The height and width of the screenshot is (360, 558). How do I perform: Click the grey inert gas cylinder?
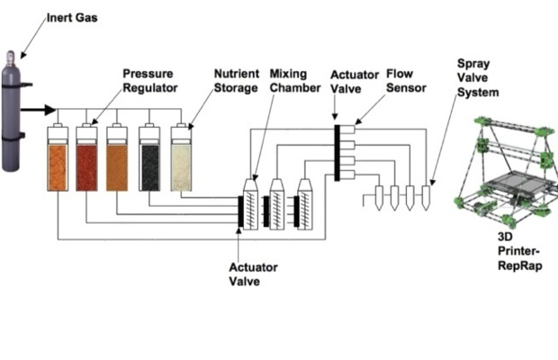coord(11,112)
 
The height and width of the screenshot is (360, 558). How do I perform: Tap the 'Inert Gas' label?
coord(72,18)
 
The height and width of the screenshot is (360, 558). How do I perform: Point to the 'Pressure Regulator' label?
coord(150,81)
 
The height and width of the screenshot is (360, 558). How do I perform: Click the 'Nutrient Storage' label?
coord(237,81)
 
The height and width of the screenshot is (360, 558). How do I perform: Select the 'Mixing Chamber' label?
coord(295,81)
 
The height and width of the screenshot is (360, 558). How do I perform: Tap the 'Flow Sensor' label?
coord(406,81)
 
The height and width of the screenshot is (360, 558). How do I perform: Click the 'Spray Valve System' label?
coord(478,78)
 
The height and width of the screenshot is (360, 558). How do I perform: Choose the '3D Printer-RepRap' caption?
coord(520,251)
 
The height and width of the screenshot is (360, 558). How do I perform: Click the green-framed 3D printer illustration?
coord(506,172)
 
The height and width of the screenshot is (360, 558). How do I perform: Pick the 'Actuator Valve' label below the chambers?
coord(253,274)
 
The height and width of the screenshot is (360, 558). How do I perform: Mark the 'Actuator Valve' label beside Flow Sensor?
coord(355,82)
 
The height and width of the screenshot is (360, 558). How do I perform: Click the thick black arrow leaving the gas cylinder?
coord(38,110)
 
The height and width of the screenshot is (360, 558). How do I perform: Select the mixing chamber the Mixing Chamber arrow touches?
coord(250,204)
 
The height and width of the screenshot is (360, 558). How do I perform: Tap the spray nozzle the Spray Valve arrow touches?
coord(426,198)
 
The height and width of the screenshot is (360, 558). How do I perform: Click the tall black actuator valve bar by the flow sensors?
coord(337,153)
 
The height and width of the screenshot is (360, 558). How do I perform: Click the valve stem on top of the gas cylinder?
coord(11,57)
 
